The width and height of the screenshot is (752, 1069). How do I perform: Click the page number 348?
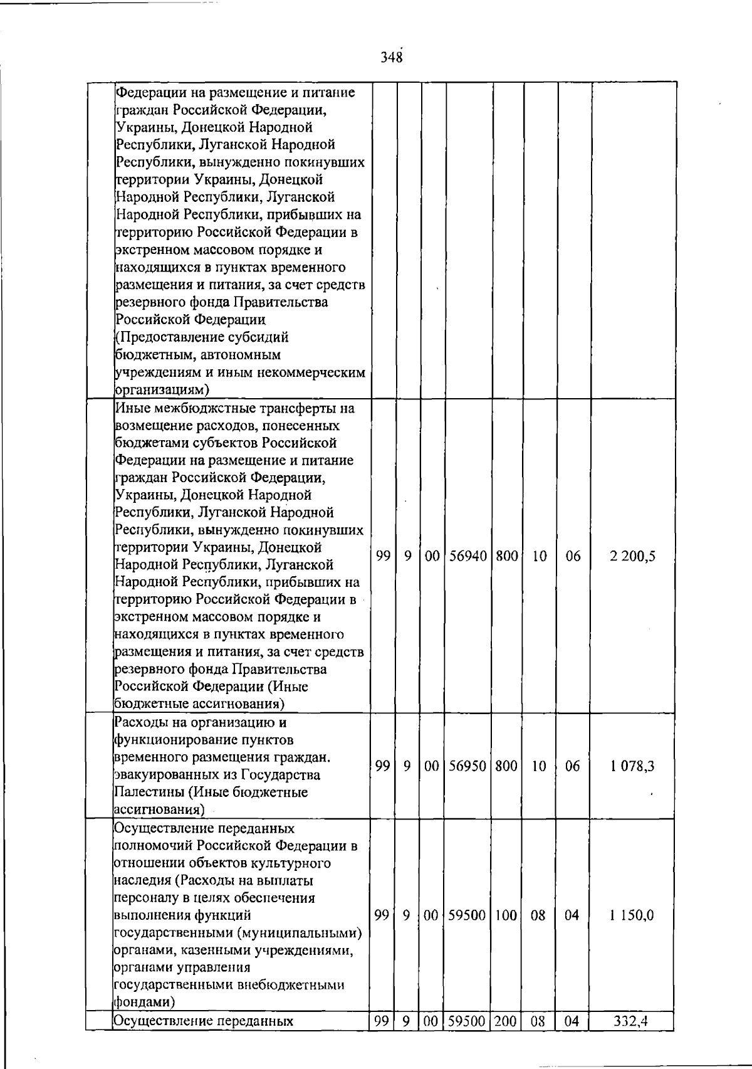click(390, 58)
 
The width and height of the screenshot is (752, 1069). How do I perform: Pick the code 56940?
click(469, 556)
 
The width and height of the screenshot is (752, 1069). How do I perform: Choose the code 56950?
click(469, 766)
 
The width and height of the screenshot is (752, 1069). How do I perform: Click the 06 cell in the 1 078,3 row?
click(573, 766)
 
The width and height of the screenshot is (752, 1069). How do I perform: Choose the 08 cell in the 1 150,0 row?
click(538, 915)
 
